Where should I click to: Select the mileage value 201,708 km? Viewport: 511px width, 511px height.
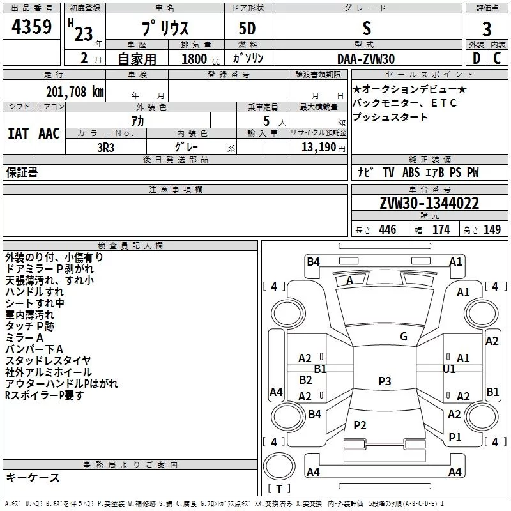(x=75, y=91)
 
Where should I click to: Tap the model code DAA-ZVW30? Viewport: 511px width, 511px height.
(x=366, y=58)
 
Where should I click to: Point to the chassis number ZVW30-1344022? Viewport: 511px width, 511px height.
(x=429, y=203)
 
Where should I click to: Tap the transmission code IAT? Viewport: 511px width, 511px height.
(x=18, y=133)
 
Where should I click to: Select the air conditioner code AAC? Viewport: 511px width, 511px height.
(x=49, y=133)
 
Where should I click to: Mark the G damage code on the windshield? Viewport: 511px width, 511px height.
(x=403, y=337)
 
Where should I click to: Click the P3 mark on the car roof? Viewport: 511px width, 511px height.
(x=384, y=381)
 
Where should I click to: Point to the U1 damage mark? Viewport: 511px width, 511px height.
(x=449, y=369)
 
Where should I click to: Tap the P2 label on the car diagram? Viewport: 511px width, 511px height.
(x=360, y=425)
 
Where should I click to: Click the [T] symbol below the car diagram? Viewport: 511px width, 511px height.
(x=278, y=489)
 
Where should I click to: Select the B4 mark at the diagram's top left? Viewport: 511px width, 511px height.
(x=313, y=261)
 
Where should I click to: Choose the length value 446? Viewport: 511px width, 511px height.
(x=387, y=230)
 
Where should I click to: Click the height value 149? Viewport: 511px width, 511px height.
(x=492, y=230)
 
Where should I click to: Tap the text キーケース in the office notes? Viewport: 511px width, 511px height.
(x=33, y=478)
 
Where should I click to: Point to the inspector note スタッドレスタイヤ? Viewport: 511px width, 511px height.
(x=48, y=361)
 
